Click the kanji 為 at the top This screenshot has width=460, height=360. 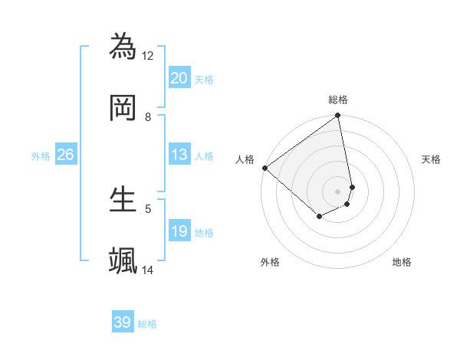point(123,46)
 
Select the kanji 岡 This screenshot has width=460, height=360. point(123,108)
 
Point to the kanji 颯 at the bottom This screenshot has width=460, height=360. point(123,260)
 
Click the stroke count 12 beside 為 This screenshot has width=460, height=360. point(148,55)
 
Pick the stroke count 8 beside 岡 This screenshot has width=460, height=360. point(148,117)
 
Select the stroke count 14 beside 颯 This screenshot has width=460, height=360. point(148,270)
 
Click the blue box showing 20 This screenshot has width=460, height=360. point(179,78)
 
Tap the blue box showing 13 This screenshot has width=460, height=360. point(179,155)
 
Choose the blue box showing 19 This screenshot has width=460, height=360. point(179,231)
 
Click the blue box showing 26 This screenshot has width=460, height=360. point(66,155)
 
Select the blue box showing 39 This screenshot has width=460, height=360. point(123,322)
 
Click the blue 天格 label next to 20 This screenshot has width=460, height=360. point(204,79)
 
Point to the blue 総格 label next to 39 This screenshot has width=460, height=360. point(147,324)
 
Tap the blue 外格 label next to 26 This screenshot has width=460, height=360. point(41,155)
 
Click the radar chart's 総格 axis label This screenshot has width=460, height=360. point(338,100)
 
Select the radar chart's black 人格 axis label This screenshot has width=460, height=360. point(245,159)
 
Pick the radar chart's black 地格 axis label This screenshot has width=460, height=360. point(402,262)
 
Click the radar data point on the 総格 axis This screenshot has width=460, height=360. point(338,116)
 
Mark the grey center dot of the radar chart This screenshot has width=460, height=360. point(338,191)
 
